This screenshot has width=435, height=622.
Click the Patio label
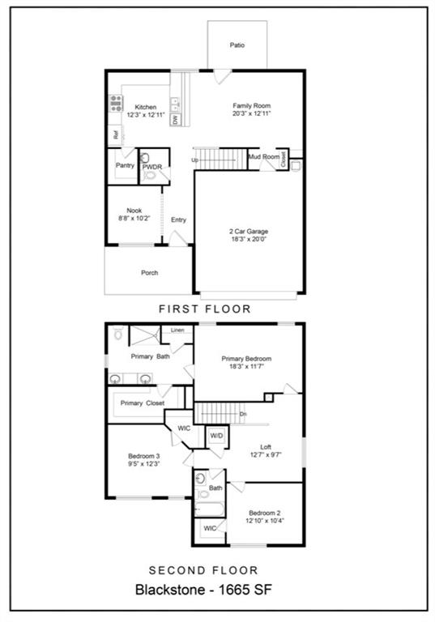(x=237, y=45)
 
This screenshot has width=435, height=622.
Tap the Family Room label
(x=251, y=106)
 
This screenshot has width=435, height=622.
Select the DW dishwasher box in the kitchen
(x=175, y=119)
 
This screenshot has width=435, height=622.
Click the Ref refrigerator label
(x=116, y=136)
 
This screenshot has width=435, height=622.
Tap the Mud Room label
(x=263, y=156)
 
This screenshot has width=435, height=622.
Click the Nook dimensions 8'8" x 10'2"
(x=134, y=218)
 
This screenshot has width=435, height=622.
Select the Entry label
(x=178, y=219)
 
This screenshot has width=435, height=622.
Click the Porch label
(x=149, y=273)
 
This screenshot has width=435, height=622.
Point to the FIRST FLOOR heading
(x=204, y=309)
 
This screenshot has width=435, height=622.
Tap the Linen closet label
(x=177, y=330)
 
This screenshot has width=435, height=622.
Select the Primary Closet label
(x=143, y=403)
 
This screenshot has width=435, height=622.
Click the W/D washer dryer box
(x=216, y=436)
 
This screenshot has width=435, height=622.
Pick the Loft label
(x=266, y=446)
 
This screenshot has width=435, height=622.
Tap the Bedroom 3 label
(x=131, y=456)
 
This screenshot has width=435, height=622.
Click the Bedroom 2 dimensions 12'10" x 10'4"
(x=265, y=521)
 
